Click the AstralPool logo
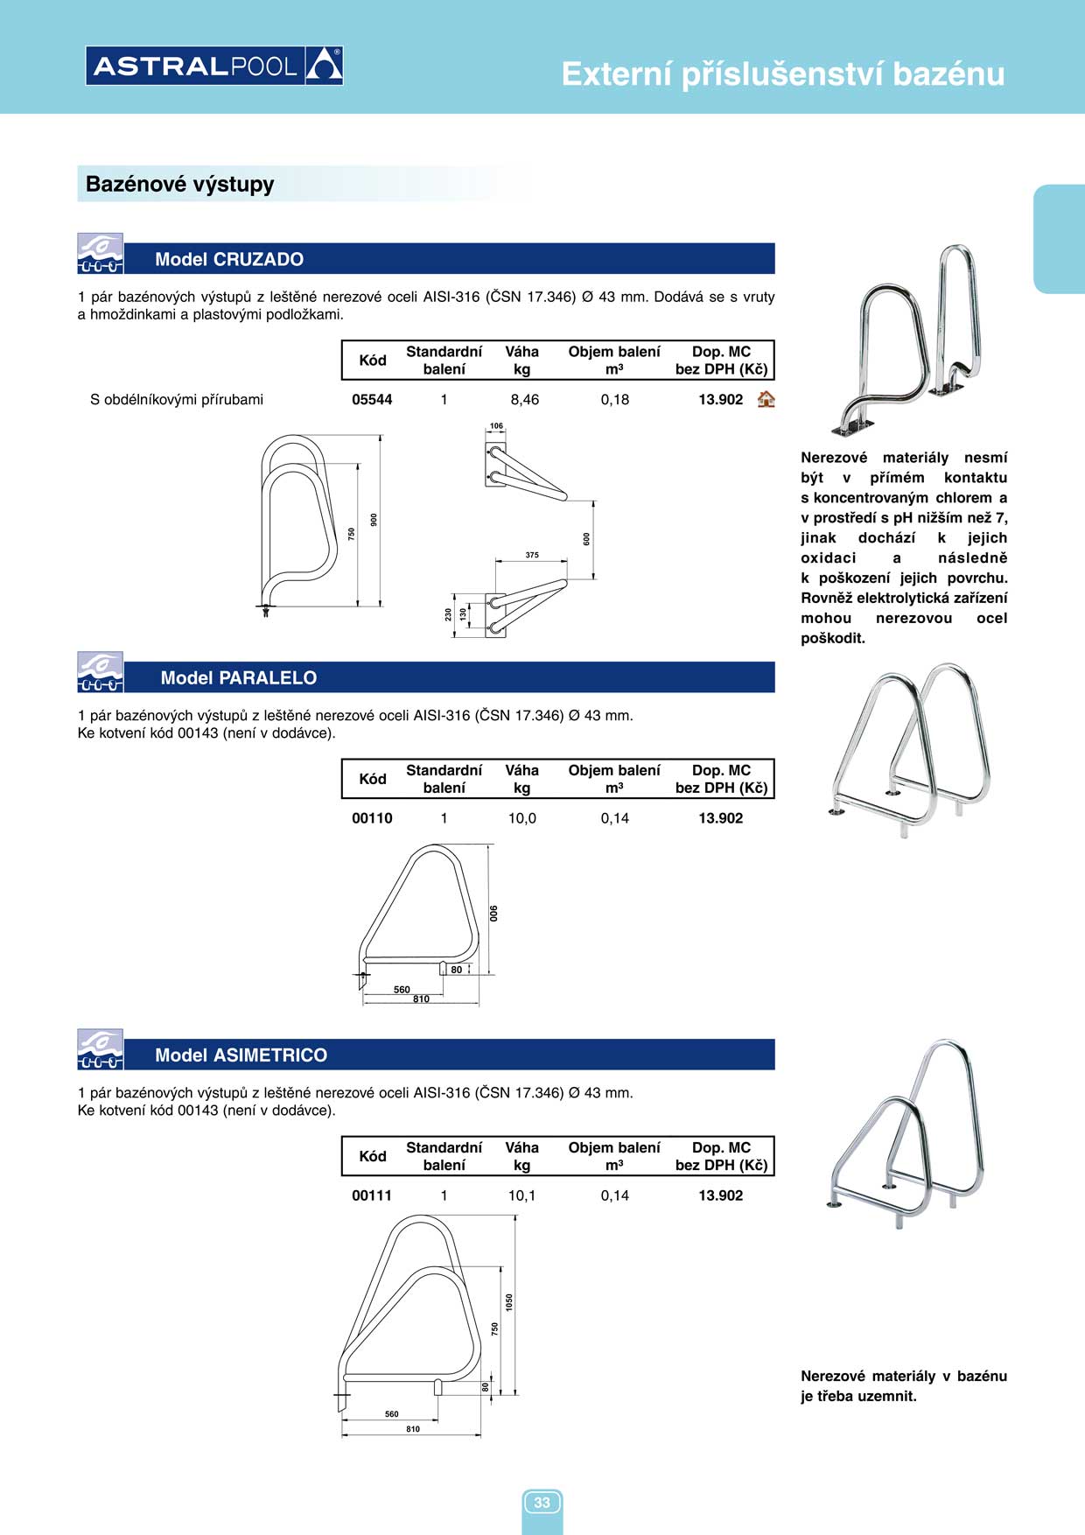tap(214, 66)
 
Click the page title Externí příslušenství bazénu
tap(782, 74)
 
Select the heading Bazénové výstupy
tap(180, 185)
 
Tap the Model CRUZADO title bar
tap(229, 259)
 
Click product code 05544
tap(372, 400)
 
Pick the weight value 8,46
tap(524, 400)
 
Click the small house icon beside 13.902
tap(766, 400)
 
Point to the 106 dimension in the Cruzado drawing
tap(496, 426)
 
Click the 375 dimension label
tap(532, 555)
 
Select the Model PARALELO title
tap(239, 678)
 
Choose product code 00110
tap(372, 818)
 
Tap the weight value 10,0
tap(522, 818)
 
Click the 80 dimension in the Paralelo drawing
tap(457, 970)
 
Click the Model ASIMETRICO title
tap(241, 1055)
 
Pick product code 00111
tap(372, 1195)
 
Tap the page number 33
tap(542, 1503)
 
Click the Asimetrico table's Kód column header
tap(373, 1156)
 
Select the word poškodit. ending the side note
tap(833, 639)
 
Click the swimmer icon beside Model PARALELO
tap(100, 672)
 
